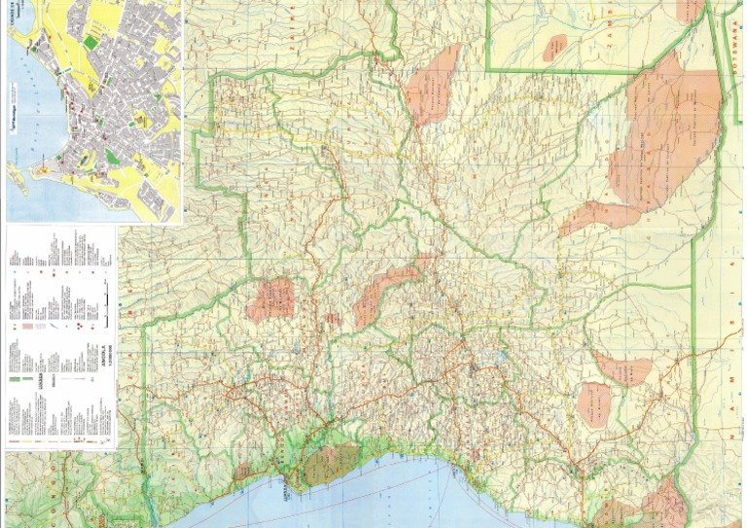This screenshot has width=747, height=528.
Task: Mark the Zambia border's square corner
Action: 486,70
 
